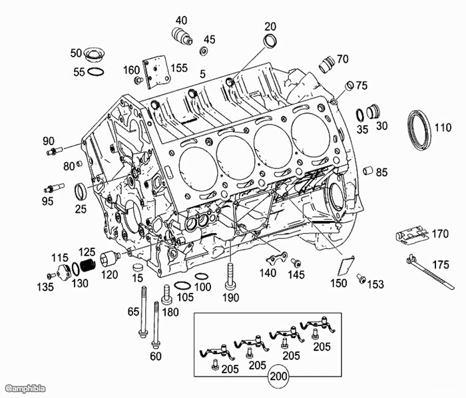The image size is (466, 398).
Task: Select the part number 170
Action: pos(440,234)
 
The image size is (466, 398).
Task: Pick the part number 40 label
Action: pos(181,20)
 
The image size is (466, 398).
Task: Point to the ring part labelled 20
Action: pos(270,43)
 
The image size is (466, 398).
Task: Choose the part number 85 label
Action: pos(381,172)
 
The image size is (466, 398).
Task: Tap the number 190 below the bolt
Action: pos(231,297)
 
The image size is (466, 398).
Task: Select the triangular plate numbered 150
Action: pos(344,266)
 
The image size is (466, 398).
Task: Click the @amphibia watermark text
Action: pos(25,387)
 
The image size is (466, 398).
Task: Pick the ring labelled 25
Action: pos(80,192)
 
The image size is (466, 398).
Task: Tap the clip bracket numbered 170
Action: pos(409,235)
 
